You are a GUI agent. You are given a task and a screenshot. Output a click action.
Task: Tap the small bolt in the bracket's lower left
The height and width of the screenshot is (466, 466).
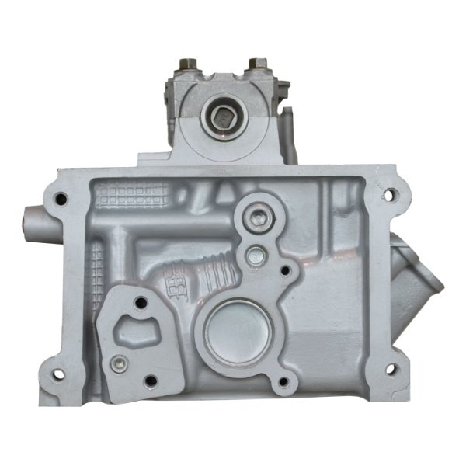[117, 363]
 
